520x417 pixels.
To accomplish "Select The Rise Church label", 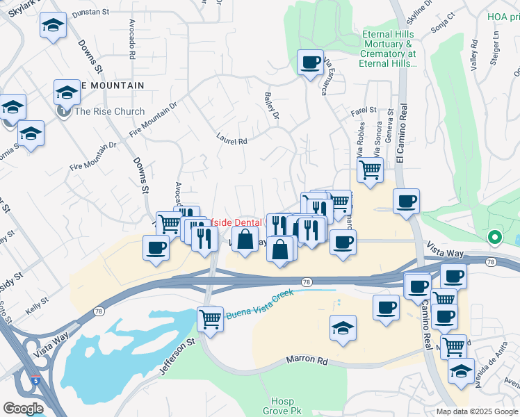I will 109,111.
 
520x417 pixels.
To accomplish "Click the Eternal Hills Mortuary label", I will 388,49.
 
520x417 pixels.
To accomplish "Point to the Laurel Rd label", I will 232,139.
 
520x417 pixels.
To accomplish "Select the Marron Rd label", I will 307,361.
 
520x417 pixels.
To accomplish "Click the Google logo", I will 22,409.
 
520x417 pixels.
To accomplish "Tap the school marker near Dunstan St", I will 52,26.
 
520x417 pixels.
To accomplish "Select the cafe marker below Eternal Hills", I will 309,62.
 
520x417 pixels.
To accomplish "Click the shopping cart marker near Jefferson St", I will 210,319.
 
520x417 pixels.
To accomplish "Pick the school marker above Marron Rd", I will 343,329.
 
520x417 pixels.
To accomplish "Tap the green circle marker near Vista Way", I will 494,238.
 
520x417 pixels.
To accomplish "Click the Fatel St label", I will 363,111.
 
